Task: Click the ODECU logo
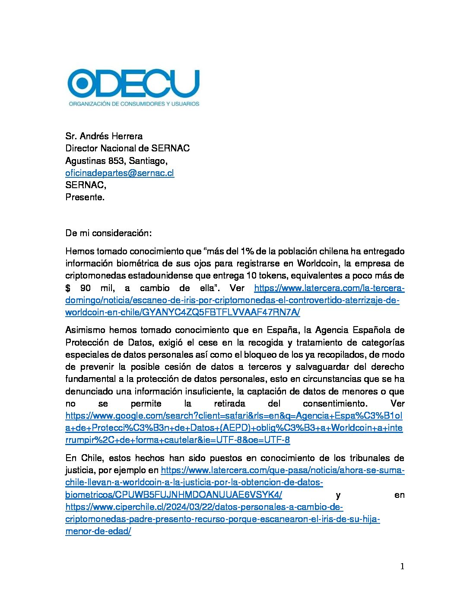click(x=133, y=83)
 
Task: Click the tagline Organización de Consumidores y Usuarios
click(x=134, y=104)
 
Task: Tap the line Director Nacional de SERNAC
click(x=127, y=148)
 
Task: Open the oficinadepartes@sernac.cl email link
click(x=120, y=173)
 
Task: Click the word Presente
click(x=85, y=197)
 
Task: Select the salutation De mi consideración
click(x=108, y=233)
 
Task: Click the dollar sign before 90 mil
click(x=68, y=288)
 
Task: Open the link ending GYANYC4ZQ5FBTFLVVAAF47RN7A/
click(x=182, y=312)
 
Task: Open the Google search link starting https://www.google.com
click(x=234, y=416)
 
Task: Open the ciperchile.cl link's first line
click(x=204, y=507)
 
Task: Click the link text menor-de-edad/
click(x=98, y=531)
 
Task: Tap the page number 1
click(x=402, y=567)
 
